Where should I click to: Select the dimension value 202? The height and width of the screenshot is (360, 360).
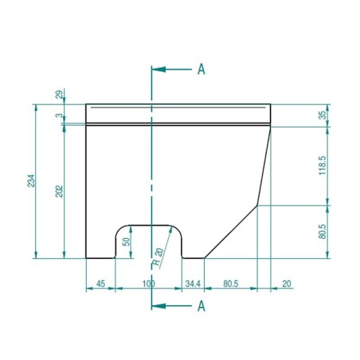(60, 192)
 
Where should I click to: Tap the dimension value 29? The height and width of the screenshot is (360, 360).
(60, 95)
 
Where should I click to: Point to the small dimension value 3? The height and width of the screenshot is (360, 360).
(60, 116)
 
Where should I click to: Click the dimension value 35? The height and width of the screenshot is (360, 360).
(322, 115)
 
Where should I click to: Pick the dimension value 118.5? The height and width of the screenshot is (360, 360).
(322, 166)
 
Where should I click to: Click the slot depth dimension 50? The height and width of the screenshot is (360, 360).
(125, 241)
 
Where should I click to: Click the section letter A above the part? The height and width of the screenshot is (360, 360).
(201, 69)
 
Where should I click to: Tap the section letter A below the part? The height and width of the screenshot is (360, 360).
(201, 305)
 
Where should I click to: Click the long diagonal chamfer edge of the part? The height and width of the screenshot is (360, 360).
(231, 231)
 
